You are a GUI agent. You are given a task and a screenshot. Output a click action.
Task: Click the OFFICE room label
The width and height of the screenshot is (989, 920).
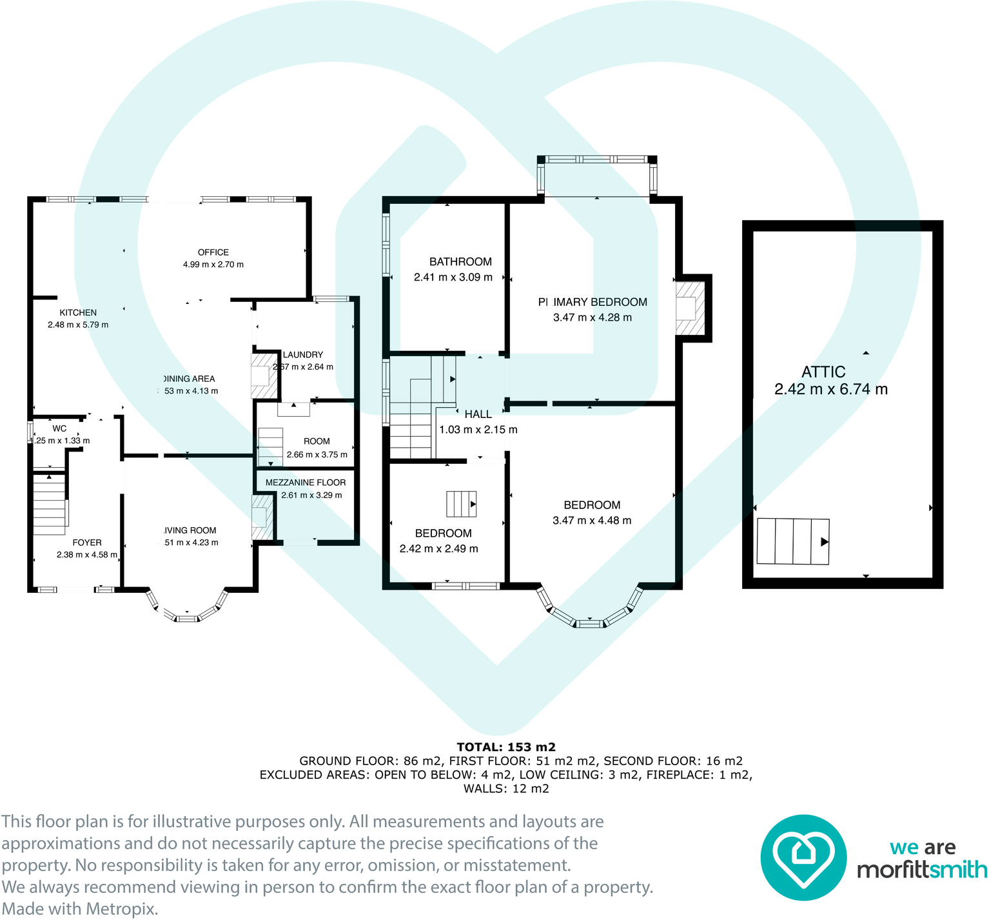point(213,252)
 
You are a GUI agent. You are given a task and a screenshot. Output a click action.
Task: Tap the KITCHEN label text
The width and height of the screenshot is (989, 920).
point(78,312)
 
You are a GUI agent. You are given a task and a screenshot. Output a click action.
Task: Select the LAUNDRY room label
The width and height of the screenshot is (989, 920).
point(303,355)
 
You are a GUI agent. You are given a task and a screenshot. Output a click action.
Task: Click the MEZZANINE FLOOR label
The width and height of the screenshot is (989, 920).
point(306,483)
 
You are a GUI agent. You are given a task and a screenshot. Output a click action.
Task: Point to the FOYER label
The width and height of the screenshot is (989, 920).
point(87,543)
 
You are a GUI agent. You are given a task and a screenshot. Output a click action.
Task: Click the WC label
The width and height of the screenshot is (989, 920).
point(59,428)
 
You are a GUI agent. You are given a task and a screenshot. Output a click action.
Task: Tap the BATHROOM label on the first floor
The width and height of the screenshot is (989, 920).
point(460,261)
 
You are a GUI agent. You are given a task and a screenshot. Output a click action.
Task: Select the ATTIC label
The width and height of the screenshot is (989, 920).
point(823,372)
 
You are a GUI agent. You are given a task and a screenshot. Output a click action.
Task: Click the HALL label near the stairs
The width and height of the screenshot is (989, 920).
point(478,414)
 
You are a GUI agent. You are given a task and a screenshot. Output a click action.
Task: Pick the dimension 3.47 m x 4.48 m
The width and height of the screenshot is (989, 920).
point(592,521)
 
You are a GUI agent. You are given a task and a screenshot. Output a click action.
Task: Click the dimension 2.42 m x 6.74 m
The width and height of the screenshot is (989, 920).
point(830,390)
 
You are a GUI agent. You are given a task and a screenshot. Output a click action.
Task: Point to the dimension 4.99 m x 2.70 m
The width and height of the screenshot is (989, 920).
point(213,265)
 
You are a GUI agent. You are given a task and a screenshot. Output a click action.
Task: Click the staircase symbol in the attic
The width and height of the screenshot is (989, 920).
point(792,541)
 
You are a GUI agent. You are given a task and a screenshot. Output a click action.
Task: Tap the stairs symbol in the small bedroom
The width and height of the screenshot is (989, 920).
point(461,504)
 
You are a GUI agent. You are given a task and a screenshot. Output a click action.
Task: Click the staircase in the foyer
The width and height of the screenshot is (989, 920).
point(49,504)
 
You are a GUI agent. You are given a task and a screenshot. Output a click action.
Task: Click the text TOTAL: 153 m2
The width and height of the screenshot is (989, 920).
point(506,747)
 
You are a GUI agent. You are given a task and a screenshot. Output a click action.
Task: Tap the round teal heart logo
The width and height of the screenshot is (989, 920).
point(803,857)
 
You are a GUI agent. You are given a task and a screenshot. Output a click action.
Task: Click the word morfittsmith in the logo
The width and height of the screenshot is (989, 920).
point(922,870)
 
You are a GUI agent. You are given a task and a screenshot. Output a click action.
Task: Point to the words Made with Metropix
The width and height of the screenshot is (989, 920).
point(80,908)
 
